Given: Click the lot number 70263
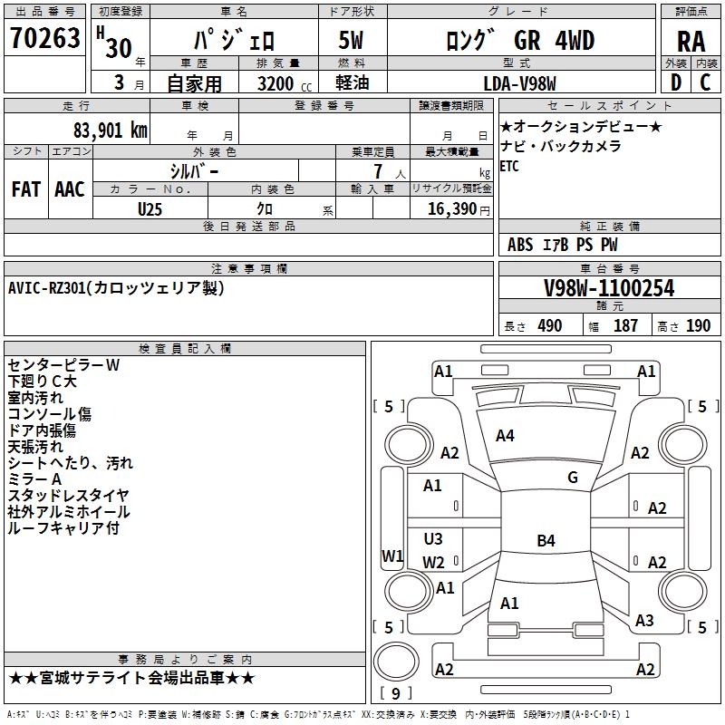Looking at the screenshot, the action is [x=45, y=39].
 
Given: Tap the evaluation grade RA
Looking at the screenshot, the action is [x=691, y=42].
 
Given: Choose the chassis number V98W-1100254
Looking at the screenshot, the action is [x=609, y=288].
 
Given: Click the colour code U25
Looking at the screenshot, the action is [x=150, y=208].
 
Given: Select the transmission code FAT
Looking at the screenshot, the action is [x=25, y=189].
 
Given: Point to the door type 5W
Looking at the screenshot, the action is [x=353, y=41].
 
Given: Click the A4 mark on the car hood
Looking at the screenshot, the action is [x=505, y=436].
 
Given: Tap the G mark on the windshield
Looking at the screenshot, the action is [x=572, y=478].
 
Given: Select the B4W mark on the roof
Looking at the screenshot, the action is [x=546, y=541].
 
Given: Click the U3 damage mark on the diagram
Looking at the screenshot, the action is [x=433, y=539].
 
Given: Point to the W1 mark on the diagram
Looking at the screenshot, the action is [x=392, y=556].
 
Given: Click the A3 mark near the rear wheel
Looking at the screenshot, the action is [x=644, y=621].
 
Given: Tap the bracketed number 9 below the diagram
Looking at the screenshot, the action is [x=395, y=693].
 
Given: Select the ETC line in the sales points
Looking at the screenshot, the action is [x=509, y=166].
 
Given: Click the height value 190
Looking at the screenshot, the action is [x=698, y=326].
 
